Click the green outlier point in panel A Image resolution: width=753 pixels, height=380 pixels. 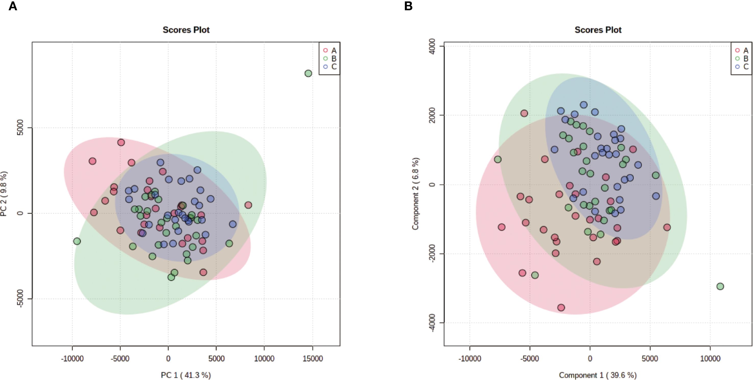[308, 73]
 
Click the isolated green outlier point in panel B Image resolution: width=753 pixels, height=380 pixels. [720, 286]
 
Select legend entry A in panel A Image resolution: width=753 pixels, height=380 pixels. [330, 50]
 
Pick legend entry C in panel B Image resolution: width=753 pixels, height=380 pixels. [742, 67]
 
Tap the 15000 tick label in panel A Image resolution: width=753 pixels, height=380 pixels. [312, 359]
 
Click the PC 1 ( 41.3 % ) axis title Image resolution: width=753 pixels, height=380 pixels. [186, 375]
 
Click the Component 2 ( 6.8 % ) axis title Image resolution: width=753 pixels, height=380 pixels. [415, 194]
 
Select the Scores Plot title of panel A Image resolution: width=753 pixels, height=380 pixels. [186, 30]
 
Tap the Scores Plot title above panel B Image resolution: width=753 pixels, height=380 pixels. [598, 30]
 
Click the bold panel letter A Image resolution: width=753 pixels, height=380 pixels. [12, 6]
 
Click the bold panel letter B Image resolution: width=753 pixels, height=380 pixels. [408, 6]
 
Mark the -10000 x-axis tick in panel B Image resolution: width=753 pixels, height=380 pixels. [470, 359]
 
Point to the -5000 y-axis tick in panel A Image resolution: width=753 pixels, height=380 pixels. [20, 299]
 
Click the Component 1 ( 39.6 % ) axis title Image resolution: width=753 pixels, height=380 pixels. [598, 375]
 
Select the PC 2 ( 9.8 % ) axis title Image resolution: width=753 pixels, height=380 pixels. [4, 194]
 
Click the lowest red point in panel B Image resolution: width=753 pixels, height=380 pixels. [561, 308]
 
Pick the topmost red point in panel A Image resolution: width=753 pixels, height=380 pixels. [121, 142]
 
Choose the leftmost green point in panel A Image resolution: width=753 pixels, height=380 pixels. [77, 241]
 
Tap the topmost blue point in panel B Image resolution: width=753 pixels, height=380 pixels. [583, 105]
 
